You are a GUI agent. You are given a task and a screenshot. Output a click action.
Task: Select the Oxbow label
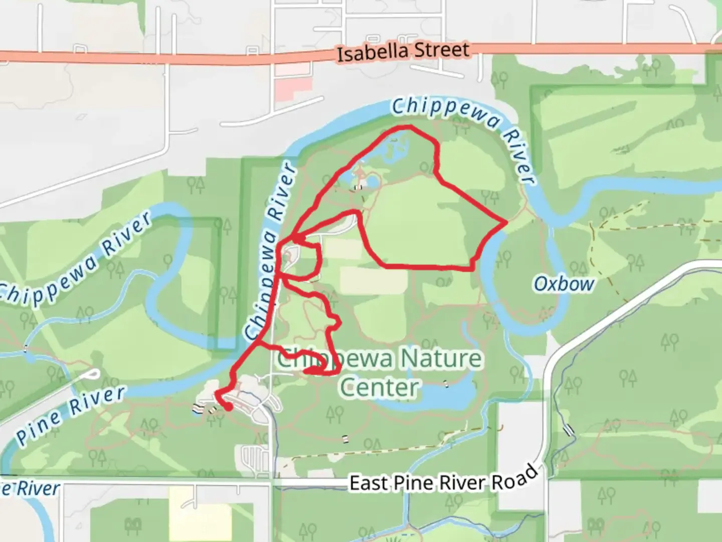click(x=564, y=284)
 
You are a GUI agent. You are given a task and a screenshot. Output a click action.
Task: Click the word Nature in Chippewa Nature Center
click(x=441, y=359)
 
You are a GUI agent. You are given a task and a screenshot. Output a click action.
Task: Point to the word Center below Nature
click(x=379, y=387)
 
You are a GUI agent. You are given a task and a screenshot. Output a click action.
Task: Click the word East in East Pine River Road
click(x=369, y=483)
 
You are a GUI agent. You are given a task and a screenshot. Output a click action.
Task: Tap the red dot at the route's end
click(x=228, y=408)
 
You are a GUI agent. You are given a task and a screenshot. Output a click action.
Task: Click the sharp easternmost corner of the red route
click(x=506, y=221)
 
